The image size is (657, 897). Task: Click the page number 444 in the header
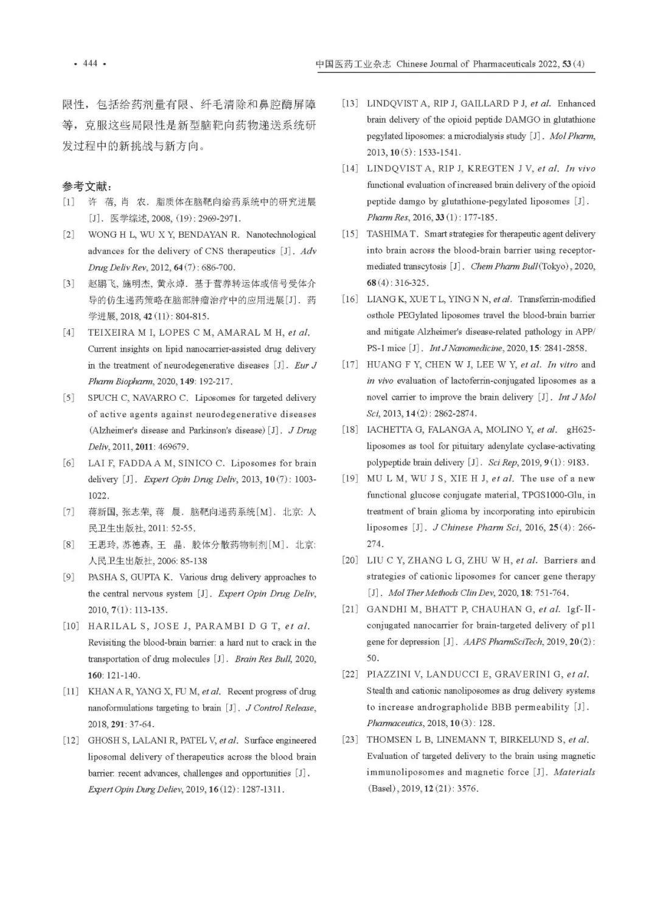tap(90, 63)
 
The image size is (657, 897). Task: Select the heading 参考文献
tap(87, 186)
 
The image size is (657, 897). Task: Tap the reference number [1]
tap(68, 202)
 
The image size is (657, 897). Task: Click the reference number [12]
tap(71, 741)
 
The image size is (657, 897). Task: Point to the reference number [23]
tap(350, 740)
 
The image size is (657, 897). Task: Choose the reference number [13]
tap(350, 103)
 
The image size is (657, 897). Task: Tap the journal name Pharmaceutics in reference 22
tap(394, 723)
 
